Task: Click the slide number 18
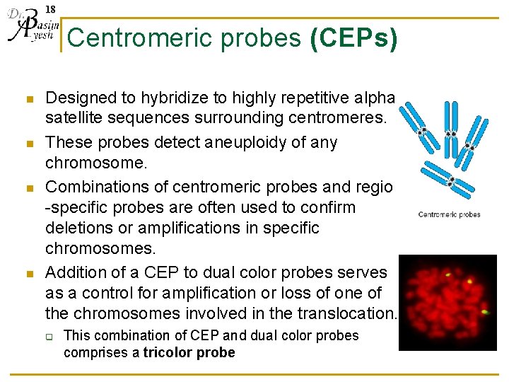tap(50, 9)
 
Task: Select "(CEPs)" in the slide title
tap(353, 38)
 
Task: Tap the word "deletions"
tap(78, 228)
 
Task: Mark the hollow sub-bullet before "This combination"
tap(51, 337)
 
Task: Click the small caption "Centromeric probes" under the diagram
tap(449, 214)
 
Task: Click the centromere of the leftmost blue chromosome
tap(423, 132)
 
